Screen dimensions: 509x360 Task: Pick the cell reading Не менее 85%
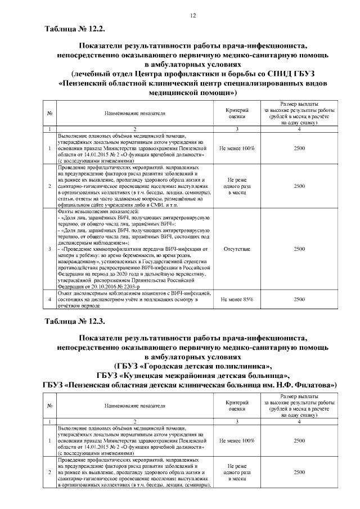[x=237, y=299]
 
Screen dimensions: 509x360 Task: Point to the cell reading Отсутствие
[x=237, y=248]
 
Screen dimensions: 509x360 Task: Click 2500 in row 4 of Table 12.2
[x=299, y=299]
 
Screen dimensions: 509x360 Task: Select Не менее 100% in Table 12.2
[x=237, y=148]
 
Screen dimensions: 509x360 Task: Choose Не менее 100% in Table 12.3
[x=237, y=440]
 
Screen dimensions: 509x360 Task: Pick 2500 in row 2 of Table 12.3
[x=299, y=472]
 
